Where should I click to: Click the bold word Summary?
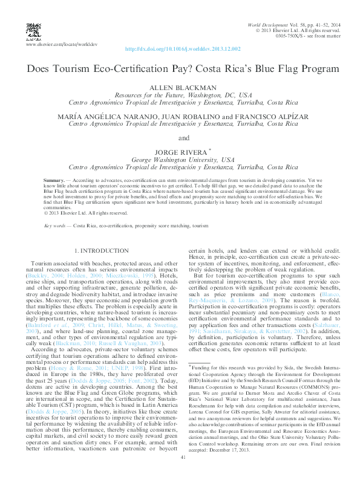54,181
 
